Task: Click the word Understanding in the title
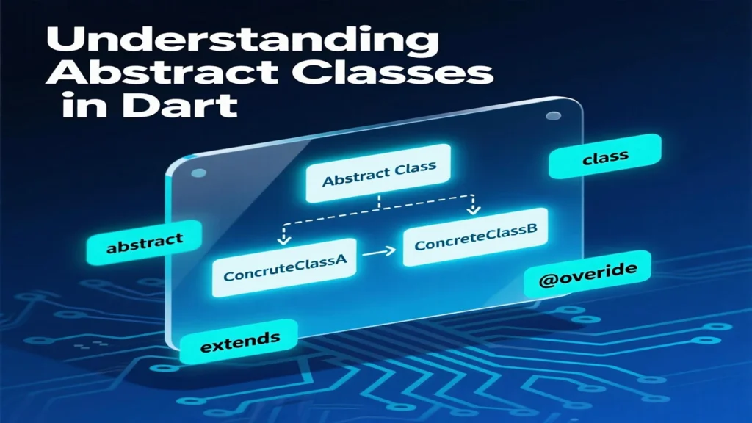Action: pos(242,41)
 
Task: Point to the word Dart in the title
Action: pos(179,106)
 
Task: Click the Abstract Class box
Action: pos(378,173)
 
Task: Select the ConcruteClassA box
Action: pos(285,267)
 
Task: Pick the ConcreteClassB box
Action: pos(476,237)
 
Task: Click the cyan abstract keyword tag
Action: pos(145,242)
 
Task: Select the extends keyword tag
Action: pos(239,341)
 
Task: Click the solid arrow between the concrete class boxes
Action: pos(379,251)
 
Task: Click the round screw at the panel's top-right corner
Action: pos(554,115)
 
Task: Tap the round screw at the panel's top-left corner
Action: pos(198,173)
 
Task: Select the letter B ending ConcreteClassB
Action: pos(532,230)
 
